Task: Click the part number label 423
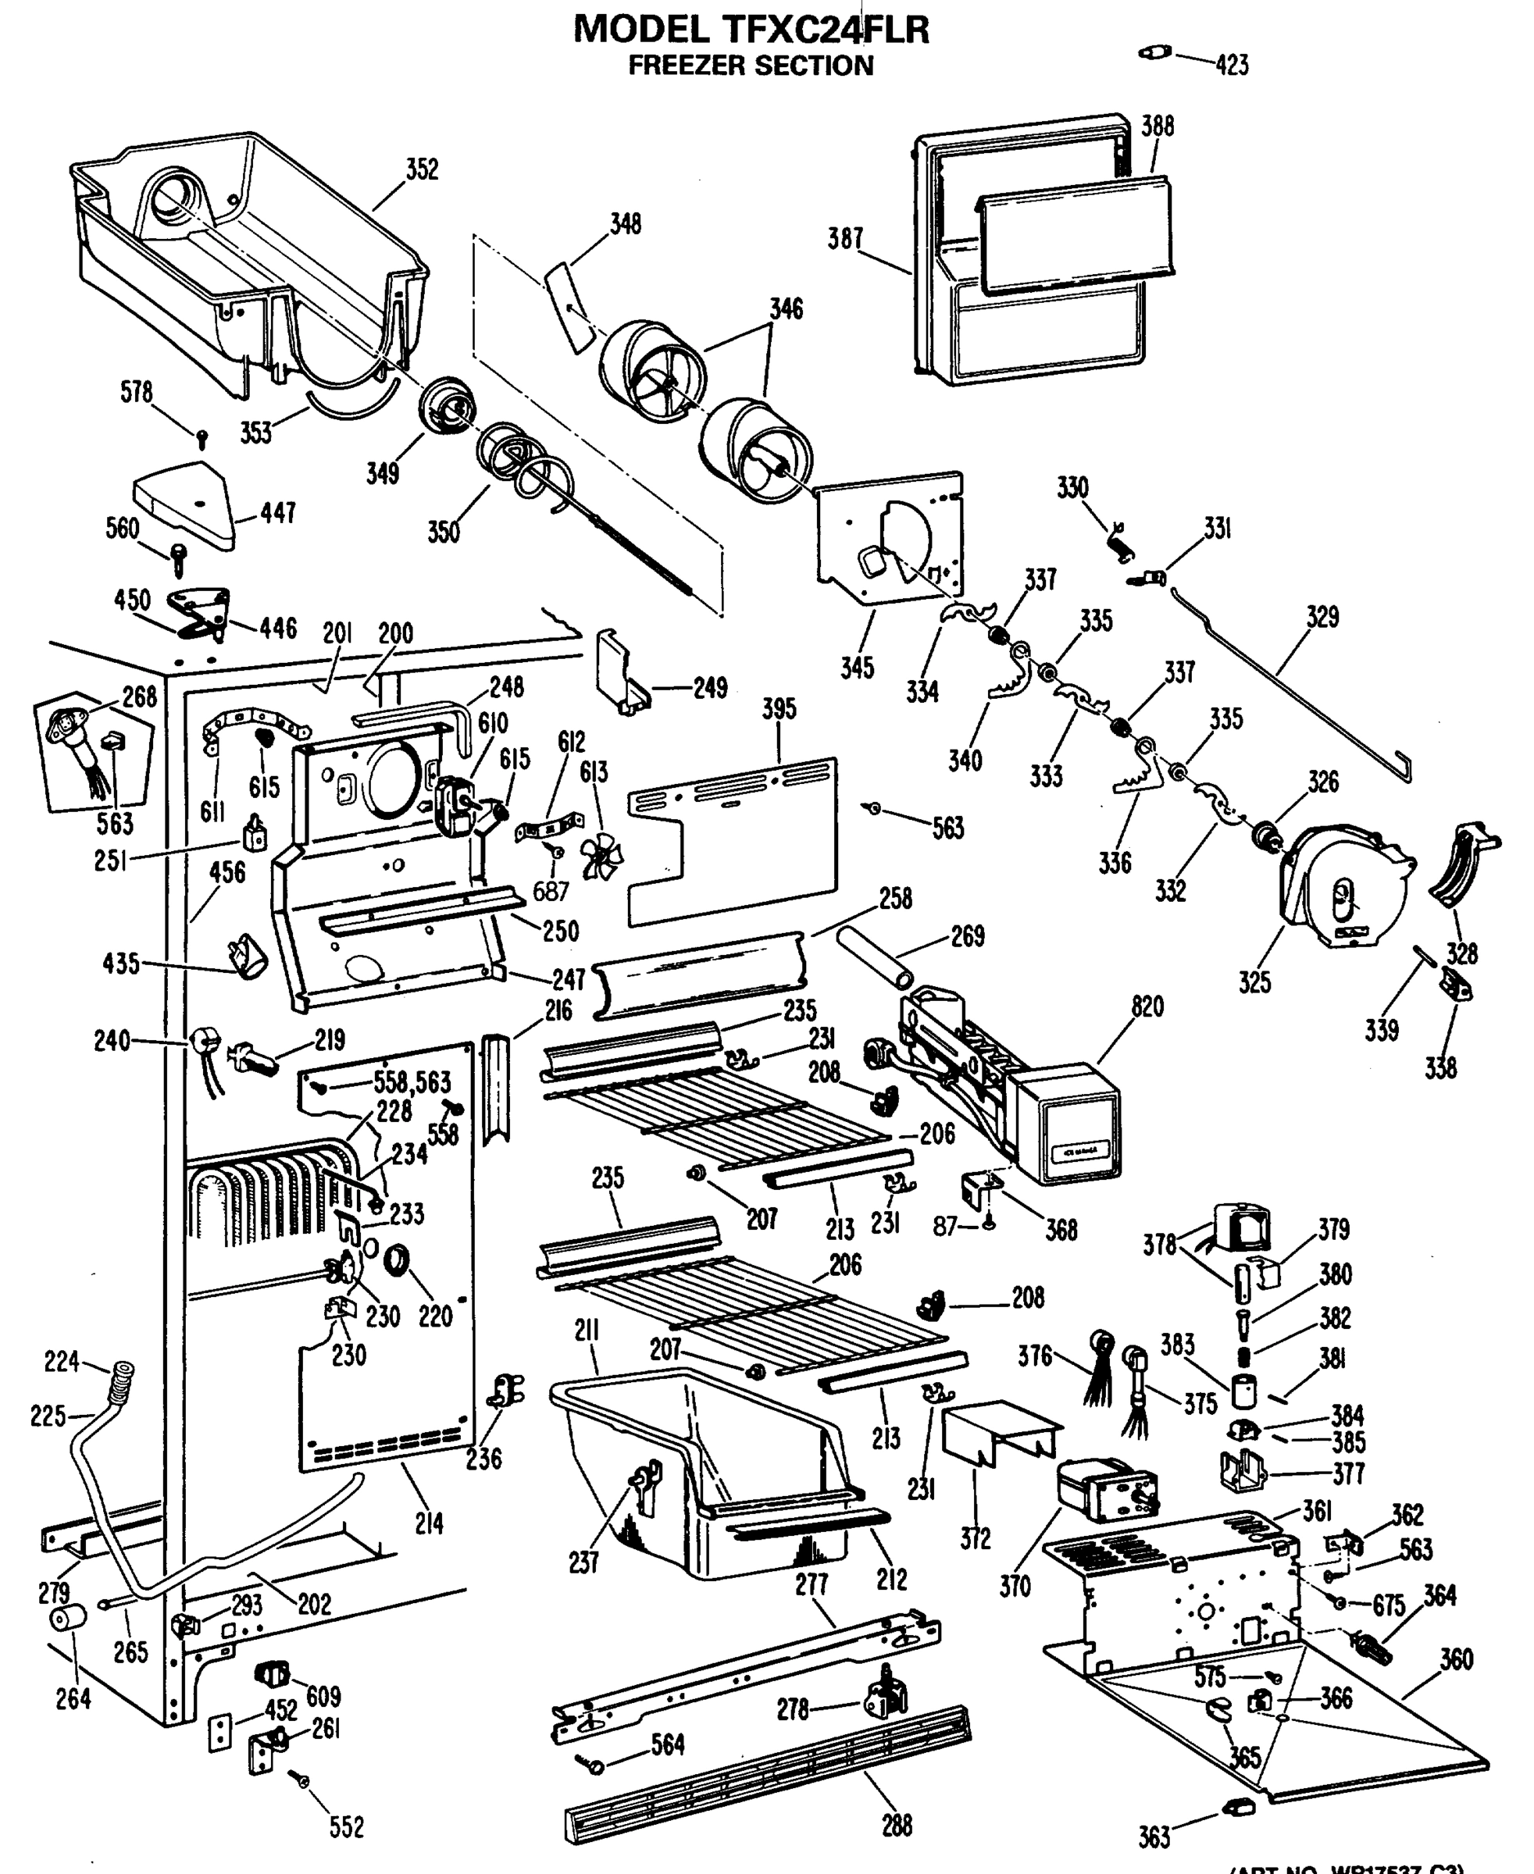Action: tap(1232, 66)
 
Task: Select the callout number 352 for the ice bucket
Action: tap(422, 169)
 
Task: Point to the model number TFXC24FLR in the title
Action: tap(827, 30)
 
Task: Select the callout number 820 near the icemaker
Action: tap(1147, 1006)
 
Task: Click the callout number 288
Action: tap(896, 1826)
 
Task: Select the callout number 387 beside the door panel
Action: tap(845, 239)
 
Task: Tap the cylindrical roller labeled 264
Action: tap(67, 1619)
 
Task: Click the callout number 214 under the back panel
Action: tap(429, 1523)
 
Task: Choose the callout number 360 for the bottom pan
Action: tap(1456, 1659)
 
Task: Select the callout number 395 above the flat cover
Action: tap(779, 708)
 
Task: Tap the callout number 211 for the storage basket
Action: tap(587, 1331)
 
